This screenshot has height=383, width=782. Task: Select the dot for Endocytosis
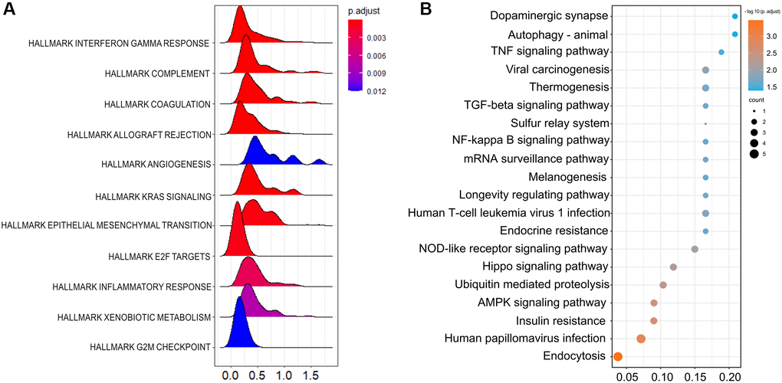point(618,356)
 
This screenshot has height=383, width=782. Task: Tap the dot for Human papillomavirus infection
point(641,339)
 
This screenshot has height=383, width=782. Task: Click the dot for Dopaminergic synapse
point(734,16)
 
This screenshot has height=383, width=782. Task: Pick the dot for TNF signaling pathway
point(721,52)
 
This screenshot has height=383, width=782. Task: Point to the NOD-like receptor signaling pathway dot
point(695,249)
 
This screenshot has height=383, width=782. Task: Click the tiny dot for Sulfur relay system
point(705,123)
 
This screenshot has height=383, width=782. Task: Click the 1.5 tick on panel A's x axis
point(310,376)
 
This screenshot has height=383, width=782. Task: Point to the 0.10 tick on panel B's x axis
point(661,376)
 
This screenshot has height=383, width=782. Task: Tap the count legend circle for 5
point(754,155)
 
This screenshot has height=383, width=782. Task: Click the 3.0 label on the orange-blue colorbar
point(770,36)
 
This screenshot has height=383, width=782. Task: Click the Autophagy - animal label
point(558,34)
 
